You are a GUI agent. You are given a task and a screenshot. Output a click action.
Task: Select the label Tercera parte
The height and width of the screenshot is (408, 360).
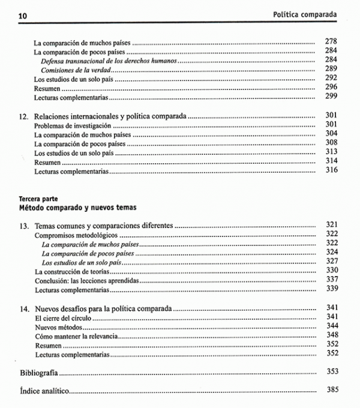click(38, 198)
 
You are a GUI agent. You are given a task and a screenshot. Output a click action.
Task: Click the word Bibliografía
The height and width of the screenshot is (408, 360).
click(40, 372)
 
